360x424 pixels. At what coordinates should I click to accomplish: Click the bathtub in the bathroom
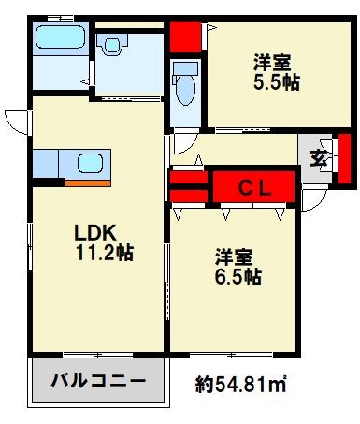click(60, 41)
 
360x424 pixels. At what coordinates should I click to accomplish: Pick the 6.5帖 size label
click(238, 276)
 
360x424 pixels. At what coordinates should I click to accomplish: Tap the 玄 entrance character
click(319, 158)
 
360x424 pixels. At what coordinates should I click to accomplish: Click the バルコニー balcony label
click(98, 382)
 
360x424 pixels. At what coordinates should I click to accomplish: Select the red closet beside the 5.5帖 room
click(185, 37)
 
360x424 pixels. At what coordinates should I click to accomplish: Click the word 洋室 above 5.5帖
click(271, 63)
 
